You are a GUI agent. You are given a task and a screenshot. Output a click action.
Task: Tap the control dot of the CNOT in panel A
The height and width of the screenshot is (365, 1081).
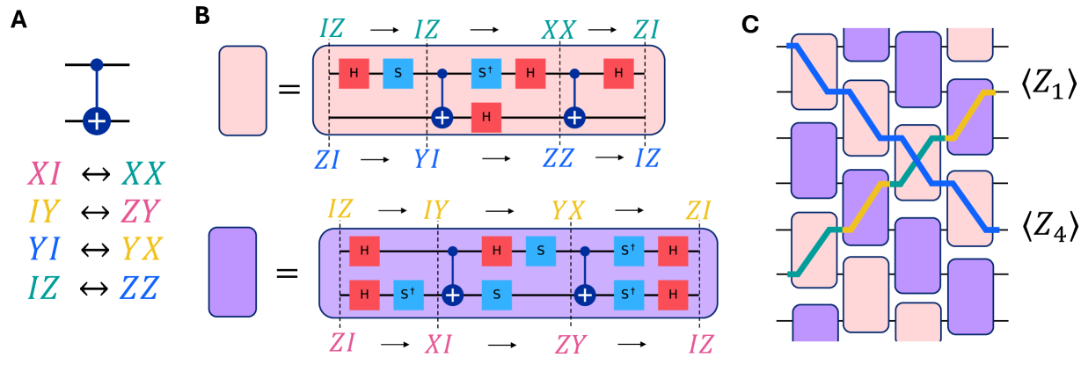pyautogui.click(x=97, y=65)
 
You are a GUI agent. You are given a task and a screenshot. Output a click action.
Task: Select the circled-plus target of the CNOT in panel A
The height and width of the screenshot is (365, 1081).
pyautogui.click(x=97, y=120)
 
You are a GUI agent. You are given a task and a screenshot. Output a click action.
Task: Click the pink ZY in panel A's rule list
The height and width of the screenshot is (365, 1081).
pyautogui.click(x=143, y=208)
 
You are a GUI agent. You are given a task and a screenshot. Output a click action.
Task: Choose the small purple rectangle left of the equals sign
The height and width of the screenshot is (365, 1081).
pyautogui.click(x=232, y=271)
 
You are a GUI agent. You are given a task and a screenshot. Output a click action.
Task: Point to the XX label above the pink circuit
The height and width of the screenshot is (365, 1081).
pyautogui.click(x=559, y=31)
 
